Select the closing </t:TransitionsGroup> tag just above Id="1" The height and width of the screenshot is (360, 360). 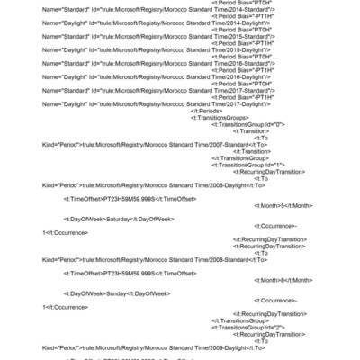point(238,158)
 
